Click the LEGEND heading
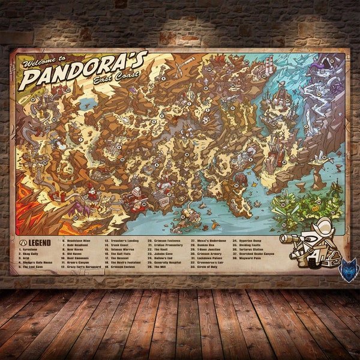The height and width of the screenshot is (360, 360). (x=37, y=242)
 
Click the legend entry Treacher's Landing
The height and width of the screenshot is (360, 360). (x=125, y=242)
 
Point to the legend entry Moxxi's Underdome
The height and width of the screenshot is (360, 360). (x=208, y=242)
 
